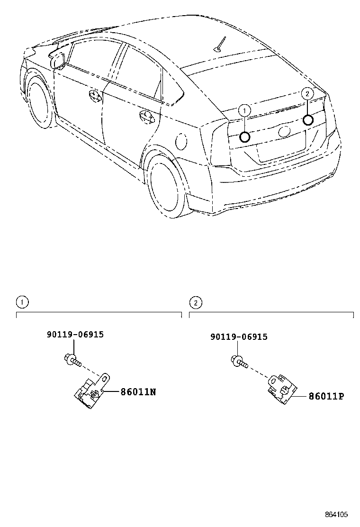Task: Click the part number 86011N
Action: [x=138, y=392]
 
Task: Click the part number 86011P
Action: [x=326, y=396]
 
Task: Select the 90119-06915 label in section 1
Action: [x=75, y=334]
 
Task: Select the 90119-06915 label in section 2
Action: [x=239, y=337]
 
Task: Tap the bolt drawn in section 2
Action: [x=239, y=363]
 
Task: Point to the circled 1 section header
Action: [x=21, y=301]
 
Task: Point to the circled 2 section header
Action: [x=195, y=302]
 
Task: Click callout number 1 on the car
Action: [x=244, y=111]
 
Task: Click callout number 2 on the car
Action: [x=307, y=94]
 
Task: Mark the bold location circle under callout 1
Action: [x=244, y=137]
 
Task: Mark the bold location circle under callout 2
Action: [x=308, y=119]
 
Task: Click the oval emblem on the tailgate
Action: [x=285, y=131]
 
